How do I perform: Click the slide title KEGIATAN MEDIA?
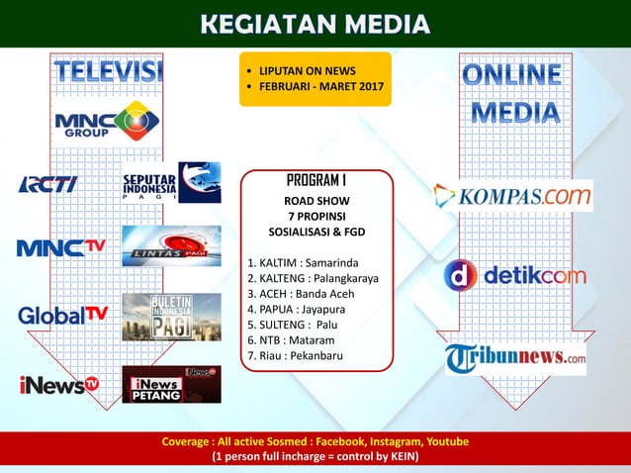click(x=315, y=23)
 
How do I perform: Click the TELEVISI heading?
click(x=108, y=72)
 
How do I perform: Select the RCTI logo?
click(x=46, y=184)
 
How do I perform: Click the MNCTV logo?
click(x=60, y=246)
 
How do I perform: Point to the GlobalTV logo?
click(x=61, y=315)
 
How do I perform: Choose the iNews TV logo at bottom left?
click(x=58, y=384)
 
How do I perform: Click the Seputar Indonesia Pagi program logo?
click(x=171, y=183)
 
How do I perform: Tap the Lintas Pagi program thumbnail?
click(x=171, y=246)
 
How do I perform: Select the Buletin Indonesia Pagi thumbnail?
click(x=171, y=317)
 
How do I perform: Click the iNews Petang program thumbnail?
click(x=171, y=384)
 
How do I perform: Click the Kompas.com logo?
click(x=513, y=195)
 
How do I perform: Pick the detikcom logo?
click(x=514, y=275)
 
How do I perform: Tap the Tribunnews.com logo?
click(x=514, y=358)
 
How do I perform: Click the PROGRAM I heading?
click(x=315, y=181)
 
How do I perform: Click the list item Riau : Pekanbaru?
click(x=301, y=355)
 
